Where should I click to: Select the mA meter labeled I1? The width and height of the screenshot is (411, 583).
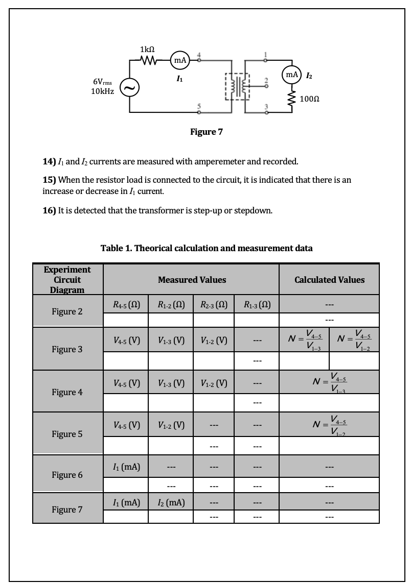179,61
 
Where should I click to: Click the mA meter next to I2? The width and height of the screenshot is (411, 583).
292,75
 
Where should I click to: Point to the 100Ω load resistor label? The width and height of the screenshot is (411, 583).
310,99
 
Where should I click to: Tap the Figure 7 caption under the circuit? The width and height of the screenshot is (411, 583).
206,132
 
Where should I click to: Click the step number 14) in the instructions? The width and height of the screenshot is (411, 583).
49,162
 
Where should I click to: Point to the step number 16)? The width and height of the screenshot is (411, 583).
49,211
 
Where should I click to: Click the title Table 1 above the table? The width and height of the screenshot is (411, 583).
207,248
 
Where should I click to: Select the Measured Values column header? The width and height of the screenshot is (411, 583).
192,280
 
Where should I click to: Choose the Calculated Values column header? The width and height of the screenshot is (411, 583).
329,280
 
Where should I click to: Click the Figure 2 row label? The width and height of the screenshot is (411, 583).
67,311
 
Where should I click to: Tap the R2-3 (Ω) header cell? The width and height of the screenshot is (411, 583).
213,306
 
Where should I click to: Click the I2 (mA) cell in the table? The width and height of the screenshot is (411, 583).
170,503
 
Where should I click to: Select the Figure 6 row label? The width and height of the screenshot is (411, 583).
67,475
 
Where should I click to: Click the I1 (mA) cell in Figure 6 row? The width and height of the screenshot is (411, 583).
125,466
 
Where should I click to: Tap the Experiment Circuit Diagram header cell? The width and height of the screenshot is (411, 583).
67,280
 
